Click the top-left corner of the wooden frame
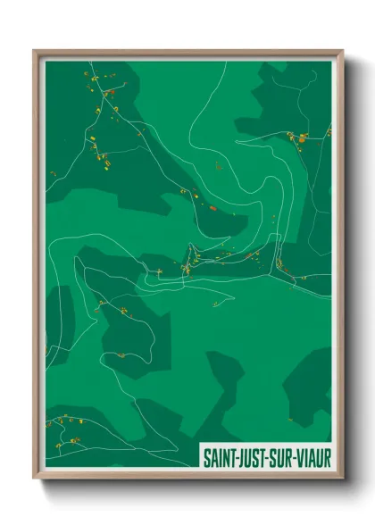click(x=35, y=51)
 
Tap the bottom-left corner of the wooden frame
click(x=35, y=478)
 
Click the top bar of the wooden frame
click(x=187, y=53)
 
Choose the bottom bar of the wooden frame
click(x=187, y=475)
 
